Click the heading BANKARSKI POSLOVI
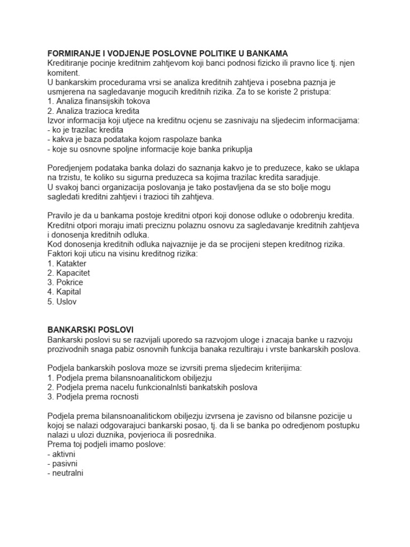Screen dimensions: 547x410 90,329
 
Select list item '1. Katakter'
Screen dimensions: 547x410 67,263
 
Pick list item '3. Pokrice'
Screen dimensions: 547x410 65,283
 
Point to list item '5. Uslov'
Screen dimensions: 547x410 62,302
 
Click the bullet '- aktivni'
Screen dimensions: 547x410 62,454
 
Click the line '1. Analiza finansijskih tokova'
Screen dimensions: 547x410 99,101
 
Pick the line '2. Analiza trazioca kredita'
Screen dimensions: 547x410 93,111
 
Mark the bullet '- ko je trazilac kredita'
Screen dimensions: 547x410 85,130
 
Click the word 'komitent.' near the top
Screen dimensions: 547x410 64,73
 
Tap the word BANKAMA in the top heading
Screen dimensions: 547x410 268,53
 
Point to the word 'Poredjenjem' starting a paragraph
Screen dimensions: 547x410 69,168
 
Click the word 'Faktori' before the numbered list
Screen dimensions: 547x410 60,254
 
